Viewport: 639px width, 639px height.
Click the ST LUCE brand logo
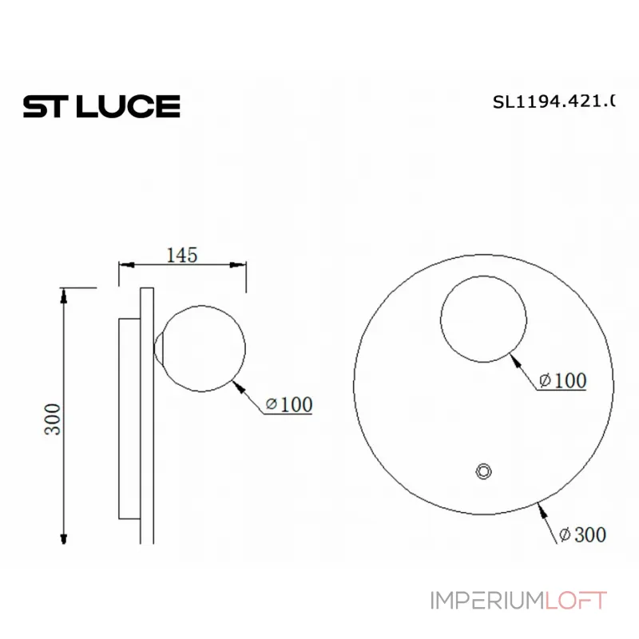(x=101, y=106)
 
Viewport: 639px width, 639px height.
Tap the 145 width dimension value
(x=181, y=255)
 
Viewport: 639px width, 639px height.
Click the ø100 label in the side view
(x=288, y=405)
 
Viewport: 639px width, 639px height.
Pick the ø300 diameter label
(x=582, y=534)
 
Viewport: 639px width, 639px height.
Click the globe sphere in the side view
(x=203, y=349)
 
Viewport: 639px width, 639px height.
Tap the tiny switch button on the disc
(x=482, y=471)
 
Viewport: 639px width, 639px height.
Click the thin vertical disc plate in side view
(x=146, y=415)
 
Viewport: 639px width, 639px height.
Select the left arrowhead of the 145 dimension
(x=125, y=266)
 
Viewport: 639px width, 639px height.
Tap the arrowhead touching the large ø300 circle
(x=542, y=504)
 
